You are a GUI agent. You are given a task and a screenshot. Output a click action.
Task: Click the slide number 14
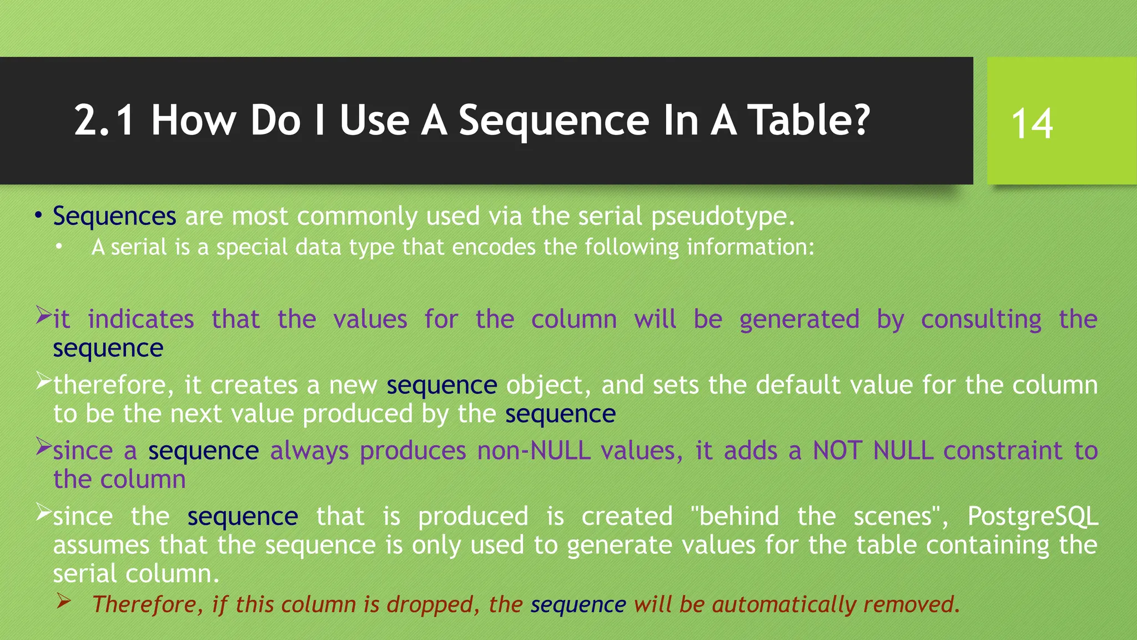coord(1032,123)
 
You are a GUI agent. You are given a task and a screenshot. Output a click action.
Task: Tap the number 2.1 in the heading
coord(104,121)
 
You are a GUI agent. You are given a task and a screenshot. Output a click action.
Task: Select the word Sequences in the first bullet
coord(114,216)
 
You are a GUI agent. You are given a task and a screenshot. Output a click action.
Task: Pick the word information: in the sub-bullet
coord(750,247)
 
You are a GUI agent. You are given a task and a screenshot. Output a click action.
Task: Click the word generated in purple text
coord(799,319)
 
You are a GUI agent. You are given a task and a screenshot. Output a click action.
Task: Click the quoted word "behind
coord(735,516)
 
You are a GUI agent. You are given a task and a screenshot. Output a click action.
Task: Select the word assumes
coord(101,545)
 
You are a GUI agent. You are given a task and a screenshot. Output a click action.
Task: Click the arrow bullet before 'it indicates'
coord(43,315)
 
